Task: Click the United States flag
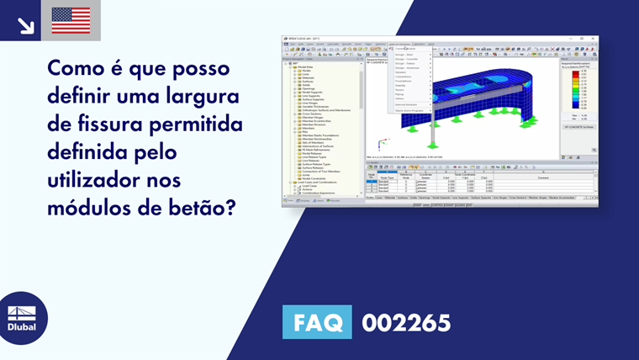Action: [x=71, y=20]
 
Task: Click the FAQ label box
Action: [x=319, y=322]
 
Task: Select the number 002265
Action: [x=406, y=322]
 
